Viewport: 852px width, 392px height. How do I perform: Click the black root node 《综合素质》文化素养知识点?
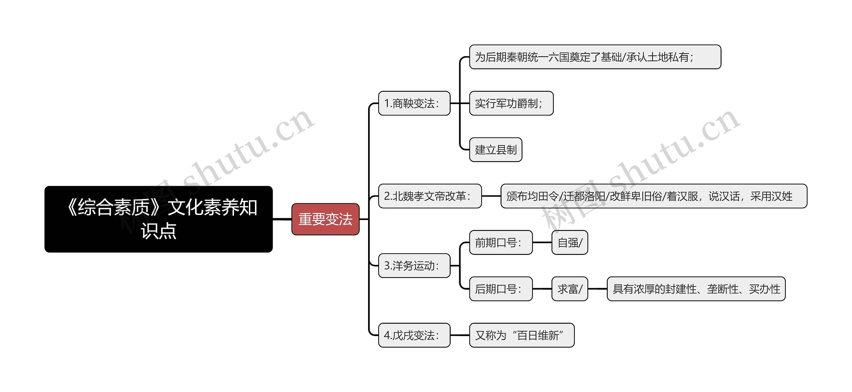pyautogui.click(x=158, y=219)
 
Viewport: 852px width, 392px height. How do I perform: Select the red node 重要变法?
pyautogui.click(x=325, y=219)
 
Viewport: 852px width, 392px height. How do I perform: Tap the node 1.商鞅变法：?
pyautogui.click(x=414, y=103)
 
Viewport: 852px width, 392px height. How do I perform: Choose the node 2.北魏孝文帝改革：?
pyautogui.click(x=430, y=196)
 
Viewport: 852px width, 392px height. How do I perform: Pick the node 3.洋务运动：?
pyautogui.click(x=414, y=266)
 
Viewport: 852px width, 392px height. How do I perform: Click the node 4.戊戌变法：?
pyautogui.click(x=414, y=335)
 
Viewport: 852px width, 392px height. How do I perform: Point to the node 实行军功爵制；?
pyautogui.click(x=511, y=103)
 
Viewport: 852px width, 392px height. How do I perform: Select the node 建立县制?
pyautogui.click(x=495, y=150)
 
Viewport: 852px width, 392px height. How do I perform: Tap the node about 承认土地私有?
pyautogui.click(x=595, y=57)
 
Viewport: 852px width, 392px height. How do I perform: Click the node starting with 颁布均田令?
pyautogui.click(x=653, y=196)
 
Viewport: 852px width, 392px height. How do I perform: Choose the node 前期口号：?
pyautogui.click(x=501, y=243)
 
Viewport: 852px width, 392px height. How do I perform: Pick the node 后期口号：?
pyautogui.click(x=501, y=289)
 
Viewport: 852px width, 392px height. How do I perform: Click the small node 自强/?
pyautogui.click(x=569, y=243)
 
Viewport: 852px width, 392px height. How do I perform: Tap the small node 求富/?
pyautogui.click(x=569, y=289)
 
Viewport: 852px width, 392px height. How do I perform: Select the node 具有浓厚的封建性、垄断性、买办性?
pyautogui.click(x=696, y=289)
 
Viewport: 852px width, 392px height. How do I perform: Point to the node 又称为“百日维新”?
pyautogui.click(x=522, y=335)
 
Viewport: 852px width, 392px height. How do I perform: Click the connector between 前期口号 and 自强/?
pyautogui.click(x=542, y=243)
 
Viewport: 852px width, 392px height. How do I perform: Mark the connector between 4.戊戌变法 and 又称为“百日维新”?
pyautogui.click(x=460, y=335)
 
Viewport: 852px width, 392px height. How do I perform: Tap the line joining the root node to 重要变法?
pyautogui.click(x=282, y=219)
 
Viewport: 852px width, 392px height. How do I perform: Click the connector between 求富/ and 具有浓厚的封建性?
pyautogui.click(x=597, y=289)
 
